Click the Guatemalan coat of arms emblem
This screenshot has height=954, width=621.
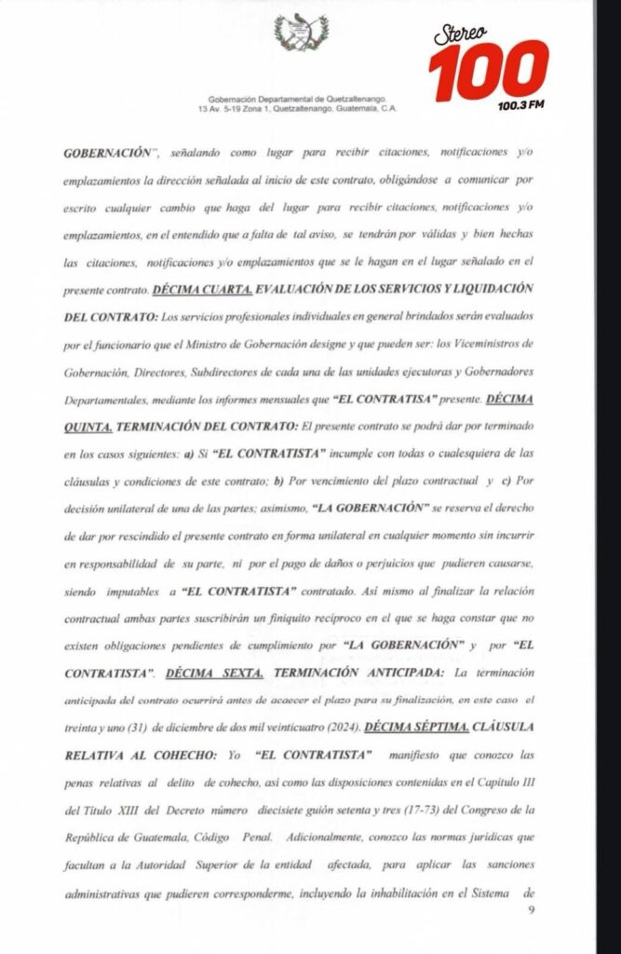point(301,34)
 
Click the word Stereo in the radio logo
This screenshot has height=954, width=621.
point(461,34)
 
